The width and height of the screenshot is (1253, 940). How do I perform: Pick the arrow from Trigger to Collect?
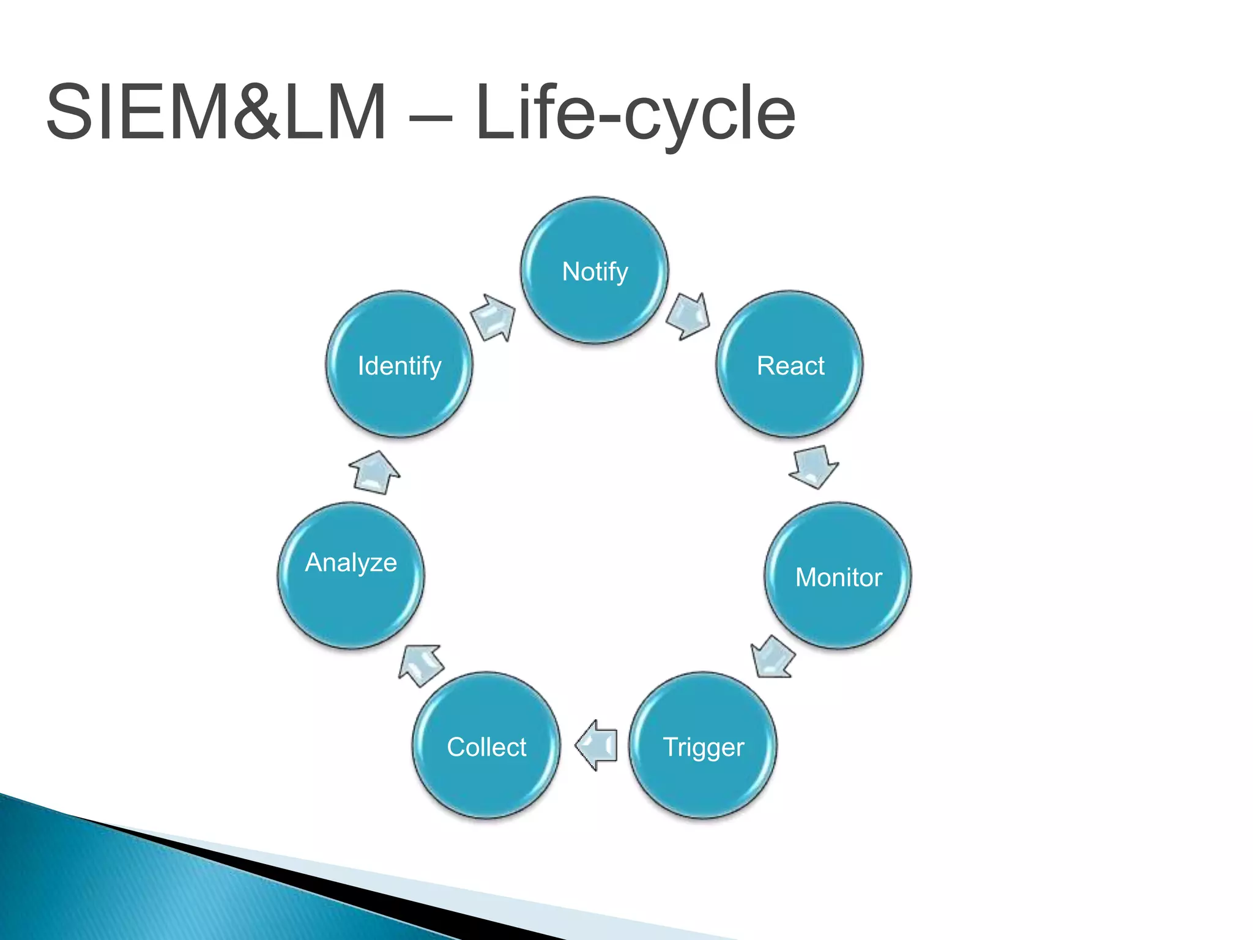tap(596, 745)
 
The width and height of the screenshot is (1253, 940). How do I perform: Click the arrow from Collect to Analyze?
tap(421, 665)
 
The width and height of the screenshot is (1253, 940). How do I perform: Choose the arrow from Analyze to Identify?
tap(374, 473)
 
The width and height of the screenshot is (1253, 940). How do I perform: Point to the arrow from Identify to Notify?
tap(494, 317)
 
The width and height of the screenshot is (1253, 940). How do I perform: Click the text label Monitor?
tap(838, 577)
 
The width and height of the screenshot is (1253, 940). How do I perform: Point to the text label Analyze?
tap(351, 562)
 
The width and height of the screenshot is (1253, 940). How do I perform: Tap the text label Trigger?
tap(703, 747)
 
